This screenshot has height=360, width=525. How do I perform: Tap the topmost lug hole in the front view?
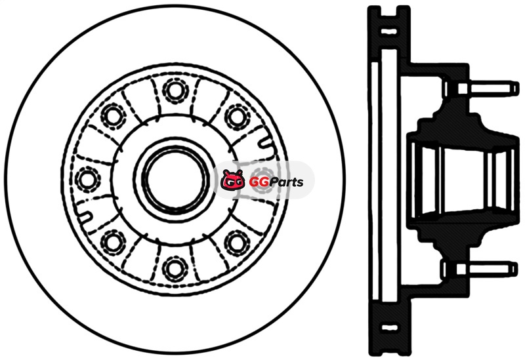coord(175,90)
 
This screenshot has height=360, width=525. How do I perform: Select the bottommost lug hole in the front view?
coord(175,268)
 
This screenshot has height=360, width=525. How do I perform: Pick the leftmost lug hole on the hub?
coord(87,179)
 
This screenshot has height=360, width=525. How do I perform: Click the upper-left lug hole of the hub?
coord(113,116)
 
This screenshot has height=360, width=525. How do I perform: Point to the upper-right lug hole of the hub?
coord(237,116)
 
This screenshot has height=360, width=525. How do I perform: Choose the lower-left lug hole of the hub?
coord(112,242)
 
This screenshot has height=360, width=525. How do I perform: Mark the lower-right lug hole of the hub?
coord(237,242)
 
